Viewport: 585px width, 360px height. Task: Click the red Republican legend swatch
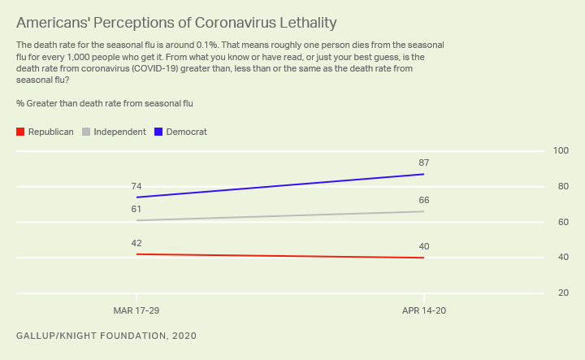20,132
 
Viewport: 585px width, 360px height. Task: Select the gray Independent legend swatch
86,132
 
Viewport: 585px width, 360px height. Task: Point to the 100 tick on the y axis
561,151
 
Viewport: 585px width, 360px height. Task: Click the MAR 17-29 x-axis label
136,311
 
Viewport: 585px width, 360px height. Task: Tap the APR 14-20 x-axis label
423,311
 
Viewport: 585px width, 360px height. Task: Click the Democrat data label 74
136,187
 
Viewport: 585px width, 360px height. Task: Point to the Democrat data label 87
423,163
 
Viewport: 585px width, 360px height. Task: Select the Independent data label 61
136,210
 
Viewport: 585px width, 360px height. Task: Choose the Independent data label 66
423,201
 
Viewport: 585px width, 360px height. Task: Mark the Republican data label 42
136,242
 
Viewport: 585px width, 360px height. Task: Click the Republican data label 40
423,246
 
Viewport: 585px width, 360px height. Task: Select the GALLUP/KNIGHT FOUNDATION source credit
106,336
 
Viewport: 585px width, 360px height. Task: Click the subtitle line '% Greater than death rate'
104,103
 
